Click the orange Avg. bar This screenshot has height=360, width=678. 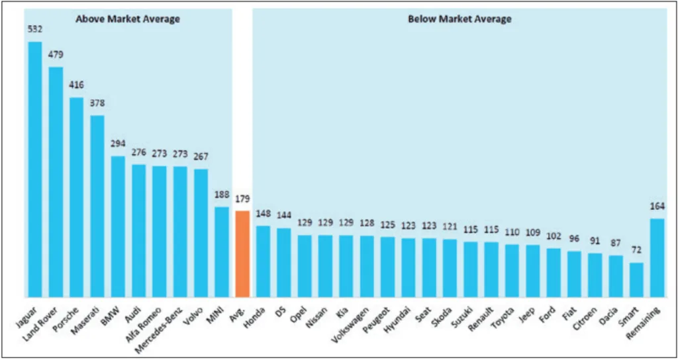pos(242,254)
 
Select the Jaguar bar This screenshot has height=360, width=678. pos(35,169)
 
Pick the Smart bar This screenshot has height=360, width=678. pos(636,280)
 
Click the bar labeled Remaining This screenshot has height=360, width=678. pos(657,258)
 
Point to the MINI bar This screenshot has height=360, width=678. pos(222,252)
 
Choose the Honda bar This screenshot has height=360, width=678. pos(263,261)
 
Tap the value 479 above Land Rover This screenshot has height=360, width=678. pos(56,54)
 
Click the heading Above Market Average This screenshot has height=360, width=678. pos(128,19)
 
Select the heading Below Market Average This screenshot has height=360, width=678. pos(460,19)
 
